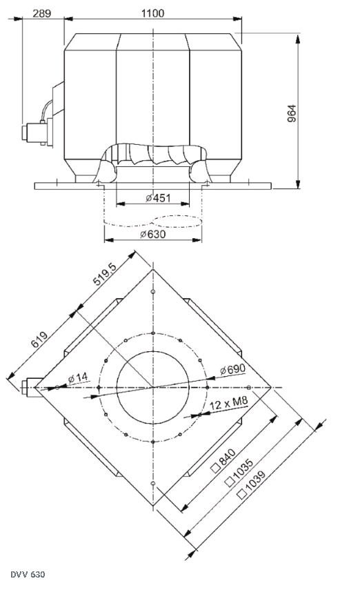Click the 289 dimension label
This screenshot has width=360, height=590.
point(41,13)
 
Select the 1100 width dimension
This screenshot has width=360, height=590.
point(152,13)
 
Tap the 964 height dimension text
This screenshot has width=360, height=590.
point(292,113)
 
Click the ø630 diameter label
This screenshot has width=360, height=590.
point(152,234)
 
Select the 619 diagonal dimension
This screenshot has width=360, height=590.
point(39,340)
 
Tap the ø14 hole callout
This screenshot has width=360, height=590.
point(78,377)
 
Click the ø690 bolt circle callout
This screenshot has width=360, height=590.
point(233,369)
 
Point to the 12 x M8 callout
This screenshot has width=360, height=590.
point(229,404)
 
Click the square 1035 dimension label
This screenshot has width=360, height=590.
point(239,472)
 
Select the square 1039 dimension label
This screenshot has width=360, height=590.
point(252,484)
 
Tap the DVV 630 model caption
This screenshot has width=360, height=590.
point(28,575)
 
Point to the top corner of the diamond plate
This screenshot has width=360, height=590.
point(152,269)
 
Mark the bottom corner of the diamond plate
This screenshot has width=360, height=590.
point(152,505)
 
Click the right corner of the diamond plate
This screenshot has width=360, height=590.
point(271,387)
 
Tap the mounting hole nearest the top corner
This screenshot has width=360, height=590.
point(152,292)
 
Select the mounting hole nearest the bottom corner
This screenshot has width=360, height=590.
point(152,483)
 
